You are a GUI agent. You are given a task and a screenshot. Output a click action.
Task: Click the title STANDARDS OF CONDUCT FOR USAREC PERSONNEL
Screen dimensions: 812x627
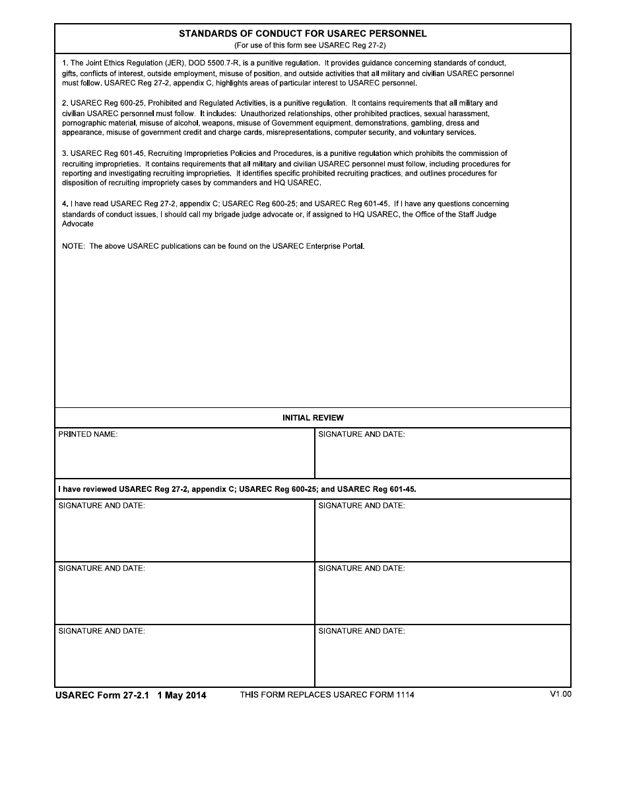tap(303, 33)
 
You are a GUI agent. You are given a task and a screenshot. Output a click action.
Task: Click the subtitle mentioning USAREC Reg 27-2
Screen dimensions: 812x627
tap(310, 46)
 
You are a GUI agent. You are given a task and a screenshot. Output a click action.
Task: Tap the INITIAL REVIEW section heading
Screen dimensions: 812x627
tap(313, 418)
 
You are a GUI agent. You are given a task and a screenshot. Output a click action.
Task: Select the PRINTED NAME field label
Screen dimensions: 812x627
tap(88, 434)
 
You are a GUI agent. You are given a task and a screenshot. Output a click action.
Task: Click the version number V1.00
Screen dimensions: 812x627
tap(560, 694)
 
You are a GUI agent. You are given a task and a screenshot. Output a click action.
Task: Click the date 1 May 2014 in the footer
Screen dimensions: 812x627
tap(181, 695)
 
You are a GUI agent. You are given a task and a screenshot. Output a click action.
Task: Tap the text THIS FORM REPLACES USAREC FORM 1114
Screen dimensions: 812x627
tap(327, 694)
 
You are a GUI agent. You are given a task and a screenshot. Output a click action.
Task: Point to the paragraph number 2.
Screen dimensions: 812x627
tap(65, 103)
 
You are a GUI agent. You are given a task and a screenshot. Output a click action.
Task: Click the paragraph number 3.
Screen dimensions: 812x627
tap(65, 153)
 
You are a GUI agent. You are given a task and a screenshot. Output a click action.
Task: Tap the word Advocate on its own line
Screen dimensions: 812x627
tap(78, 224)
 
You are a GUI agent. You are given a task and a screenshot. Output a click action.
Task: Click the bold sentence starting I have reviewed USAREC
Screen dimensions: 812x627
tap(237, 489)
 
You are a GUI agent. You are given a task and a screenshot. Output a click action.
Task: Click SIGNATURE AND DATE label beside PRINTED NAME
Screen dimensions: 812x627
tap(361, 434)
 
